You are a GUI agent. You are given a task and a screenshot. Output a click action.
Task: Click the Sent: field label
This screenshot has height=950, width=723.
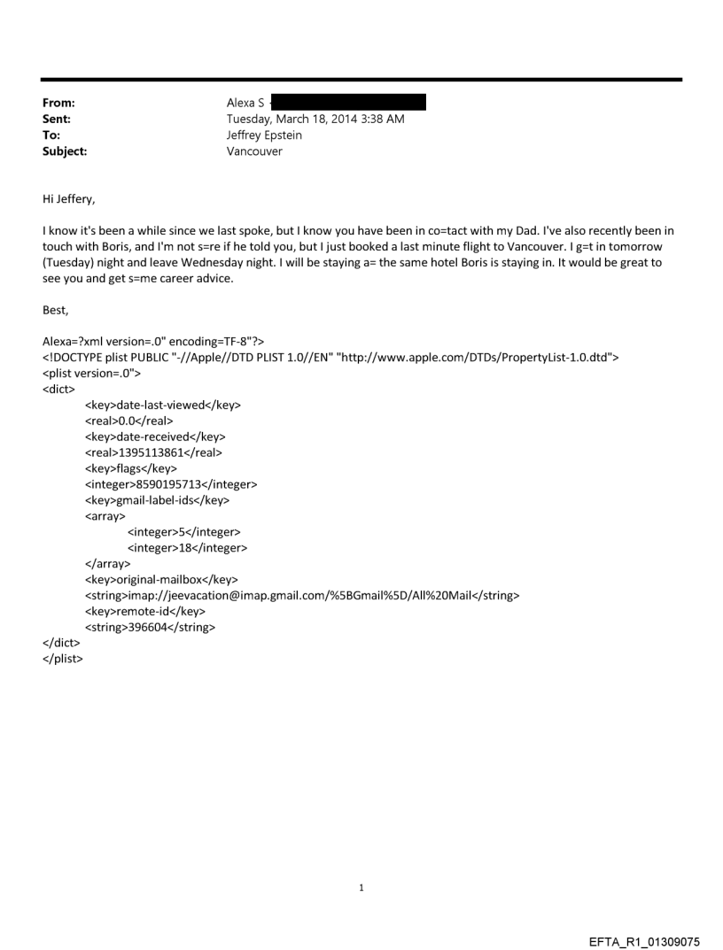point(56,119)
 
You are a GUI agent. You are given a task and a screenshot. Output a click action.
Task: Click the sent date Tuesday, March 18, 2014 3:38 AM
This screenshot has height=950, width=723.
point(315,119)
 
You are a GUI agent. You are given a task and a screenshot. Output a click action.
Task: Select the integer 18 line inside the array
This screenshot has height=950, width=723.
point(187,548)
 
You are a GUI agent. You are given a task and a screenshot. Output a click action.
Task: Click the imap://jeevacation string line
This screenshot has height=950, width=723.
point(301,596)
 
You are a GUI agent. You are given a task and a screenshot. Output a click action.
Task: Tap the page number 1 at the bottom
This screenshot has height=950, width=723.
point(361,887)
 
